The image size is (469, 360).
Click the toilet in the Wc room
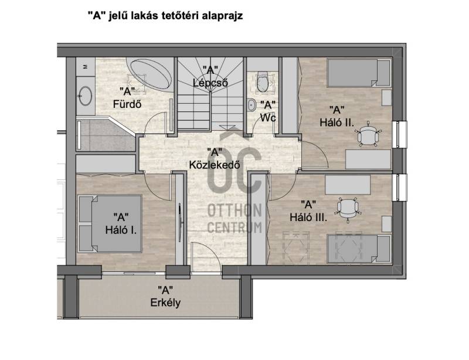pyautogui.click(x=262, y=81)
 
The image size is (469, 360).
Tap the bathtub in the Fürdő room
pyautogui.click(x=150, y=73)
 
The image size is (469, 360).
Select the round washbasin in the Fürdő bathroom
pyautogui.click(x=86, y=96)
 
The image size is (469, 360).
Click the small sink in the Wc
pyautogui.click(x=252, y=105)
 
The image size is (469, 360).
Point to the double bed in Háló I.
pyautogui.click(x=110, y=223)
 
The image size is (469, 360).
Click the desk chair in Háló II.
pyautogui.click(x=369, y=134)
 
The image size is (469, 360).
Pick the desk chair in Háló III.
pyautogui.click(x=348, y=209)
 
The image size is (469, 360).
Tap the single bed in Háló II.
pyautogui.click(x=359, y=73)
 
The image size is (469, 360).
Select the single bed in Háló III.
pyautogui.click(x=359, y=249)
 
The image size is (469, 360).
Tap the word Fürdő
pyautogui.click(x=127, y=104)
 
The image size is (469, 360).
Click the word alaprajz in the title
pyautogui.click(x=223, y=16)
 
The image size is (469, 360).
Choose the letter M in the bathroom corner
pyautogui.click(x=85, y=67)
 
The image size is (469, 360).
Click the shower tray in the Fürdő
pyautogui.click(x=106, y=134)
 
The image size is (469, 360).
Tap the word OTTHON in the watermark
pyautogui.click(x=235, y=210)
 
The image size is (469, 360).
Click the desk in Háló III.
pyautogui.click(x=348, y=185)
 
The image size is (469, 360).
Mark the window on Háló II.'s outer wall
pyautogui.click(x=402, y=135)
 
